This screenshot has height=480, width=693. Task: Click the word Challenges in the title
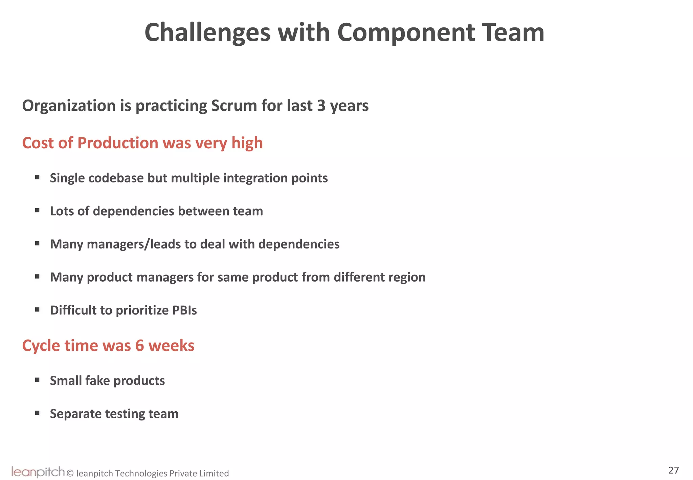[207, 33]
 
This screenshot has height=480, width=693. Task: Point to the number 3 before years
[321, 106]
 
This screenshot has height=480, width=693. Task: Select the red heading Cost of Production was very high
[142, 143]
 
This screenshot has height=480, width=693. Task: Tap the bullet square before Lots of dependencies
[37, 211]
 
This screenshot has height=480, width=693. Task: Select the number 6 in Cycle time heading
[139, 346]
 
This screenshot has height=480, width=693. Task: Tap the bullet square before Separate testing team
[37, 413]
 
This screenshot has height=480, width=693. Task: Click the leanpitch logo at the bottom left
[38, 472]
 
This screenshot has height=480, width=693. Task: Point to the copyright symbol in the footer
[70, 473]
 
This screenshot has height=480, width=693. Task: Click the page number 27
[673, 470]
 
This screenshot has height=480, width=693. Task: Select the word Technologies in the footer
[141, 473]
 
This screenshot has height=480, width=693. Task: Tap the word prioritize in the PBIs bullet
[142, 310]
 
